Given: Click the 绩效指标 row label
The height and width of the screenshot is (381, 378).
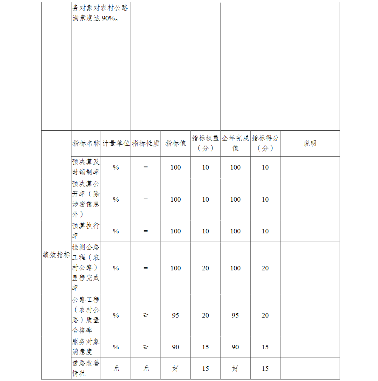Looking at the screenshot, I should pos(56,255).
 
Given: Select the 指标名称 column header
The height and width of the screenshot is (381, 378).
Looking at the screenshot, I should pos(86,143).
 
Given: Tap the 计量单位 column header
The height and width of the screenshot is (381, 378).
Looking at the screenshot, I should pos(116,143).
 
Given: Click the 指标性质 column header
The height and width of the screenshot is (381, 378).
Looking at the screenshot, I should pos(146,143).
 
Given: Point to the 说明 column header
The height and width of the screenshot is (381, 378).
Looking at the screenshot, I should pos(310,143).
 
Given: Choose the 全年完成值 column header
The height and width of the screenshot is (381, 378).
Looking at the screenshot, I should pos(235,143).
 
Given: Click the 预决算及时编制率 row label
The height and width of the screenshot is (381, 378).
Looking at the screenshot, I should pos(86,167).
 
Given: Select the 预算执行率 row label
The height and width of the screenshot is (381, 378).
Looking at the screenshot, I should pos(86,231).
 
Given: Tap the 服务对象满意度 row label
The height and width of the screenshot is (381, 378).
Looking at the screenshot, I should pos(86,347).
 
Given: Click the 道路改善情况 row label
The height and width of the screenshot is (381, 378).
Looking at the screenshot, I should pos(86,368).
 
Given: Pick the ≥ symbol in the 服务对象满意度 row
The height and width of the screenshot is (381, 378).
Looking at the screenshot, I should pos(146,347).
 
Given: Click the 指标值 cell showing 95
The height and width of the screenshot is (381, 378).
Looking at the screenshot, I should pos(175,315).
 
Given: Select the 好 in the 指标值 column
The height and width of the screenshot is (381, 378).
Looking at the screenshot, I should pos(175,369).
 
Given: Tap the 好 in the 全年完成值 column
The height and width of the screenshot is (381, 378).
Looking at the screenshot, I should pos(235,369).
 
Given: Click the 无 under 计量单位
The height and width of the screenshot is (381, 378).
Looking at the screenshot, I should pos(116,369).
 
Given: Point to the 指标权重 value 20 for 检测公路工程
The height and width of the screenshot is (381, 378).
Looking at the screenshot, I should pos(205,268).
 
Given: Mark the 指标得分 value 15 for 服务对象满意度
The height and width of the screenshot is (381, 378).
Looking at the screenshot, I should pos(265,347).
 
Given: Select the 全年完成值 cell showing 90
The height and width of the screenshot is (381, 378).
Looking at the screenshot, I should pos(235,347).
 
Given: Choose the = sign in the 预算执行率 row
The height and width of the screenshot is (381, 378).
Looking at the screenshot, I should pos(146,231).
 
